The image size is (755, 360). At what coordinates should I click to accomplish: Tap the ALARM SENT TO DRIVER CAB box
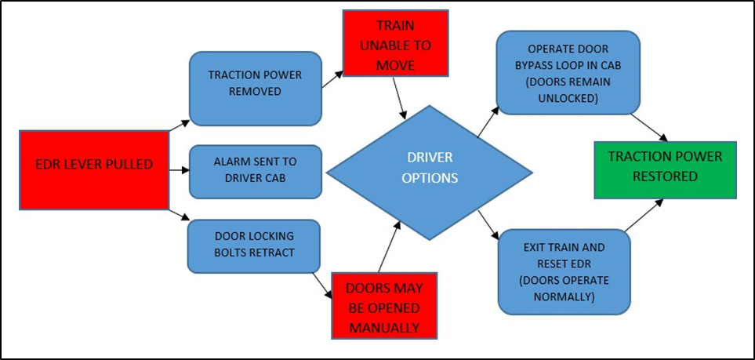click(x=255, y=171)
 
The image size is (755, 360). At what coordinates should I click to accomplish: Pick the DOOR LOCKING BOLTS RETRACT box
click(x=253, y=245)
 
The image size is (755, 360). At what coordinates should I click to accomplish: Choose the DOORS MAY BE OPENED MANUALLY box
click(x=383, y=306)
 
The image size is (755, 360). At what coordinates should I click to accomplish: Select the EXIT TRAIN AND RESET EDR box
click(x=564, y=271)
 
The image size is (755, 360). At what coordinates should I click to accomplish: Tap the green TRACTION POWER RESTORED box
click(x=664, y=165)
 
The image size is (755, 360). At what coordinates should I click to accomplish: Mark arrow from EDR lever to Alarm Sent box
click(x=180, y=169)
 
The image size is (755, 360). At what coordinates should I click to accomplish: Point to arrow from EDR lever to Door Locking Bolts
click(x=180, y=214)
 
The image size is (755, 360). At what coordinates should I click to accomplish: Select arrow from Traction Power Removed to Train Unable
click(x=332, y=77)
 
